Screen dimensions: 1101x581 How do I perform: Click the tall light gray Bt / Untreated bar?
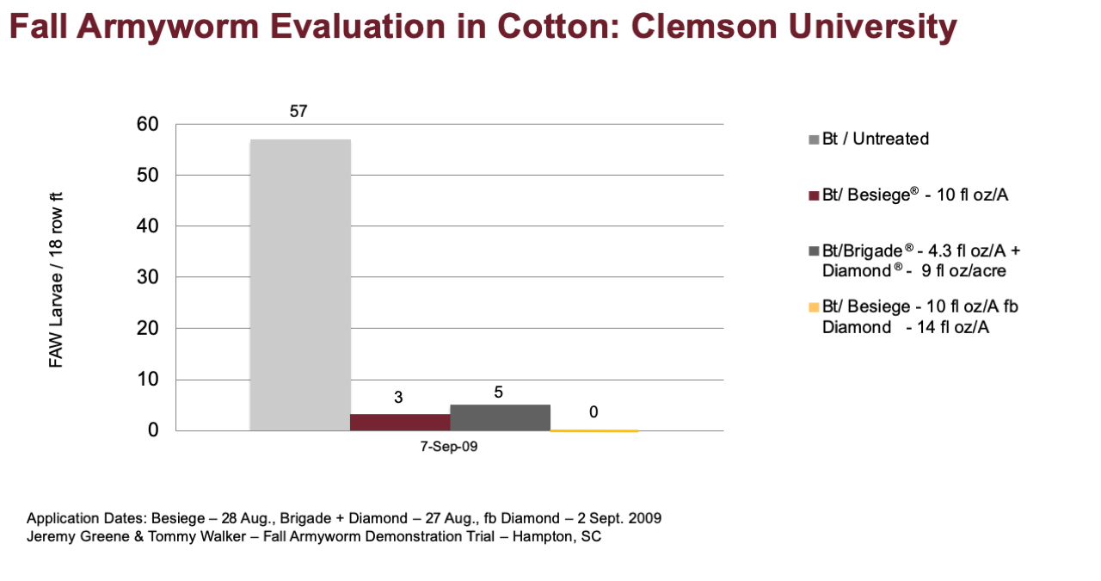point(300,285)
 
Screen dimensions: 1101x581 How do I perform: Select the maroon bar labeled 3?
point(400,423)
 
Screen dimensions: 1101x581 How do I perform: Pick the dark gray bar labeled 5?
point(501,417)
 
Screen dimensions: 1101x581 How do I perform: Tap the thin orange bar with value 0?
point(594,430)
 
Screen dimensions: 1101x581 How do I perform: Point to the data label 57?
point(298,112)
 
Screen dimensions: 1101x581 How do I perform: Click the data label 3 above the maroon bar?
point(398,398)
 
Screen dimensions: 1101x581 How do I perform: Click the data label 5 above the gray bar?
point(498,392)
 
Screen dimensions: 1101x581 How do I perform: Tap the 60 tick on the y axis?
point(147,124)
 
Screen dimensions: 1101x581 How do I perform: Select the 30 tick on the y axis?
point(147,277)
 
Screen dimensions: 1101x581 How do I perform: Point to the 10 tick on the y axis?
point(147,380)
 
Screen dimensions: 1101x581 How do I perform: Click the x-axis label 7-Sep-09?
point(449,447)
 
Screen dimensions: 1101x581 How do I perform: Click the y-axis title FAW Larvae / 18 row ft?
point(56,280)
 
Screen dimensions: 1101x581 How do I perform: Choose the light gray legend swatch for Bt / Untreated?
point(814,139)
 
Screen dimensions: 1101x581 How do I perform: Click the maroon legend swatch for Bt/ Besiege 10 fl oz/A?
point(814,195)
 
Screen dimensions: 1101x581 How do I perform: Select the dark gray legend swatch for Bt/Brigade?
point(814,251)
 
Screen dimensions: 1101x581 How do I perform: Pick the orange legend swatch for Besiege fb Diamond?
point(814,307)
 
